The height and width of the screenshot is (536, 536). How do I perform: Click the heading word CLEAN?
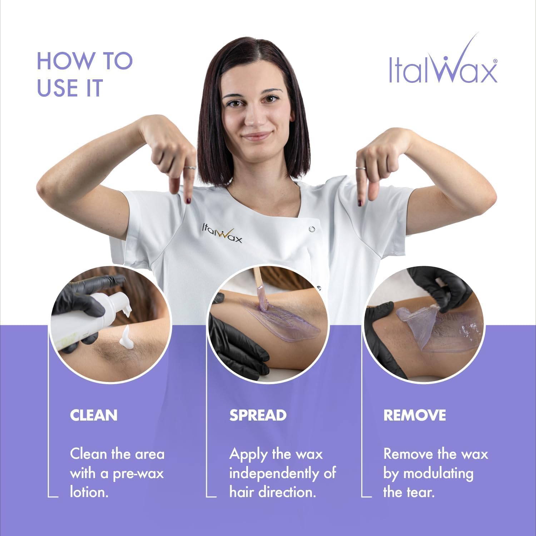coord(94,415)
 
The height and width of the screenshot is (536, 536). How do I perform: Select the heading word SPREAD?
coord(258,415)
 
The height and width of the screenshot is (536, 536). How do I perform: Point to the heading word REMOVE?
coord(415,415)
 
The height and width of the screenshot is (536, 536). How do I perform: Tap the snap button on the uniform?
coord(312,229)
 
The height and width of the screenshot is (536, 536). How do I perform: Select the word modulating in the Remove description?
coord(438,473)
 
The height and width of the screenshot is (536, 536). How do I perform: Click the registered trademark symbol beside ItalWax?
coord(495,61)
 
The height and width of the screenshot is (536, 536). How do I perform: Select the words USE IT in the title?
coord(70,88)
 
